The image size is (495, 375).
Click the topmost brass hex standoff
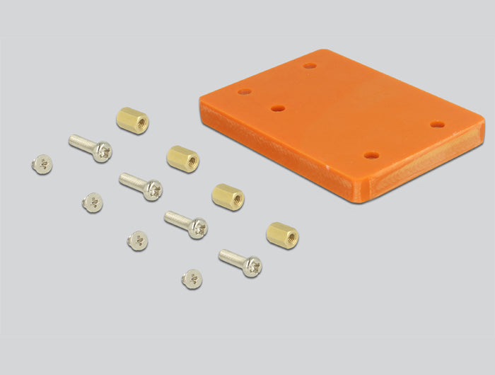[132, 120]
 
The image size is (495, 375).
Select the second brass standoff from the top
[183, 158]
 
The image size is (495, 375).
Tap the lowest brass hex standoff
[282, 235]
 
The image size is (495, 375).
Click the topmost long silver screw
[91, 147]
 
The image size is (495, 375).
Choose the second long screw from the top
[141, 185]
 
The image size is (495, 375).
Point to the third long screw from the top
[186, 224]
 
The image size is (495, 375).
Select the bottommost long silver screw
[240, 262]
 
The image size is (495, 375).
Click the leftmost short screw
[42, 164]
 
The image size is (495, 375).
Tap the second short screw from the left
[92, 202]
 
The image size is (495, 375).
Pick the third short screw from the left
[138, 241]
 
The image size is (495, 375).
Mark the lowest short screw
[192, 278]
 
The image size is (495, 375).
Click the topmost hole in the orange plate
[310, 66]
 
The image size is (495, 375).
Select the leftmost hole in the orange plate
[245, 92]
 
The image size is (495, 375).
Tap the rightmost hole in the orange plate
[438, 125]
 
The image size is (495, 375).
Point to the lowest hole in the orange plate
[371, 155]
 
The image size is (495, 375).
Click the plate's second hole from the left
[278, 109]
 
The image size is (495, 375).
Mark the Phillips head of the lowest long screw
[252, 267]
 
